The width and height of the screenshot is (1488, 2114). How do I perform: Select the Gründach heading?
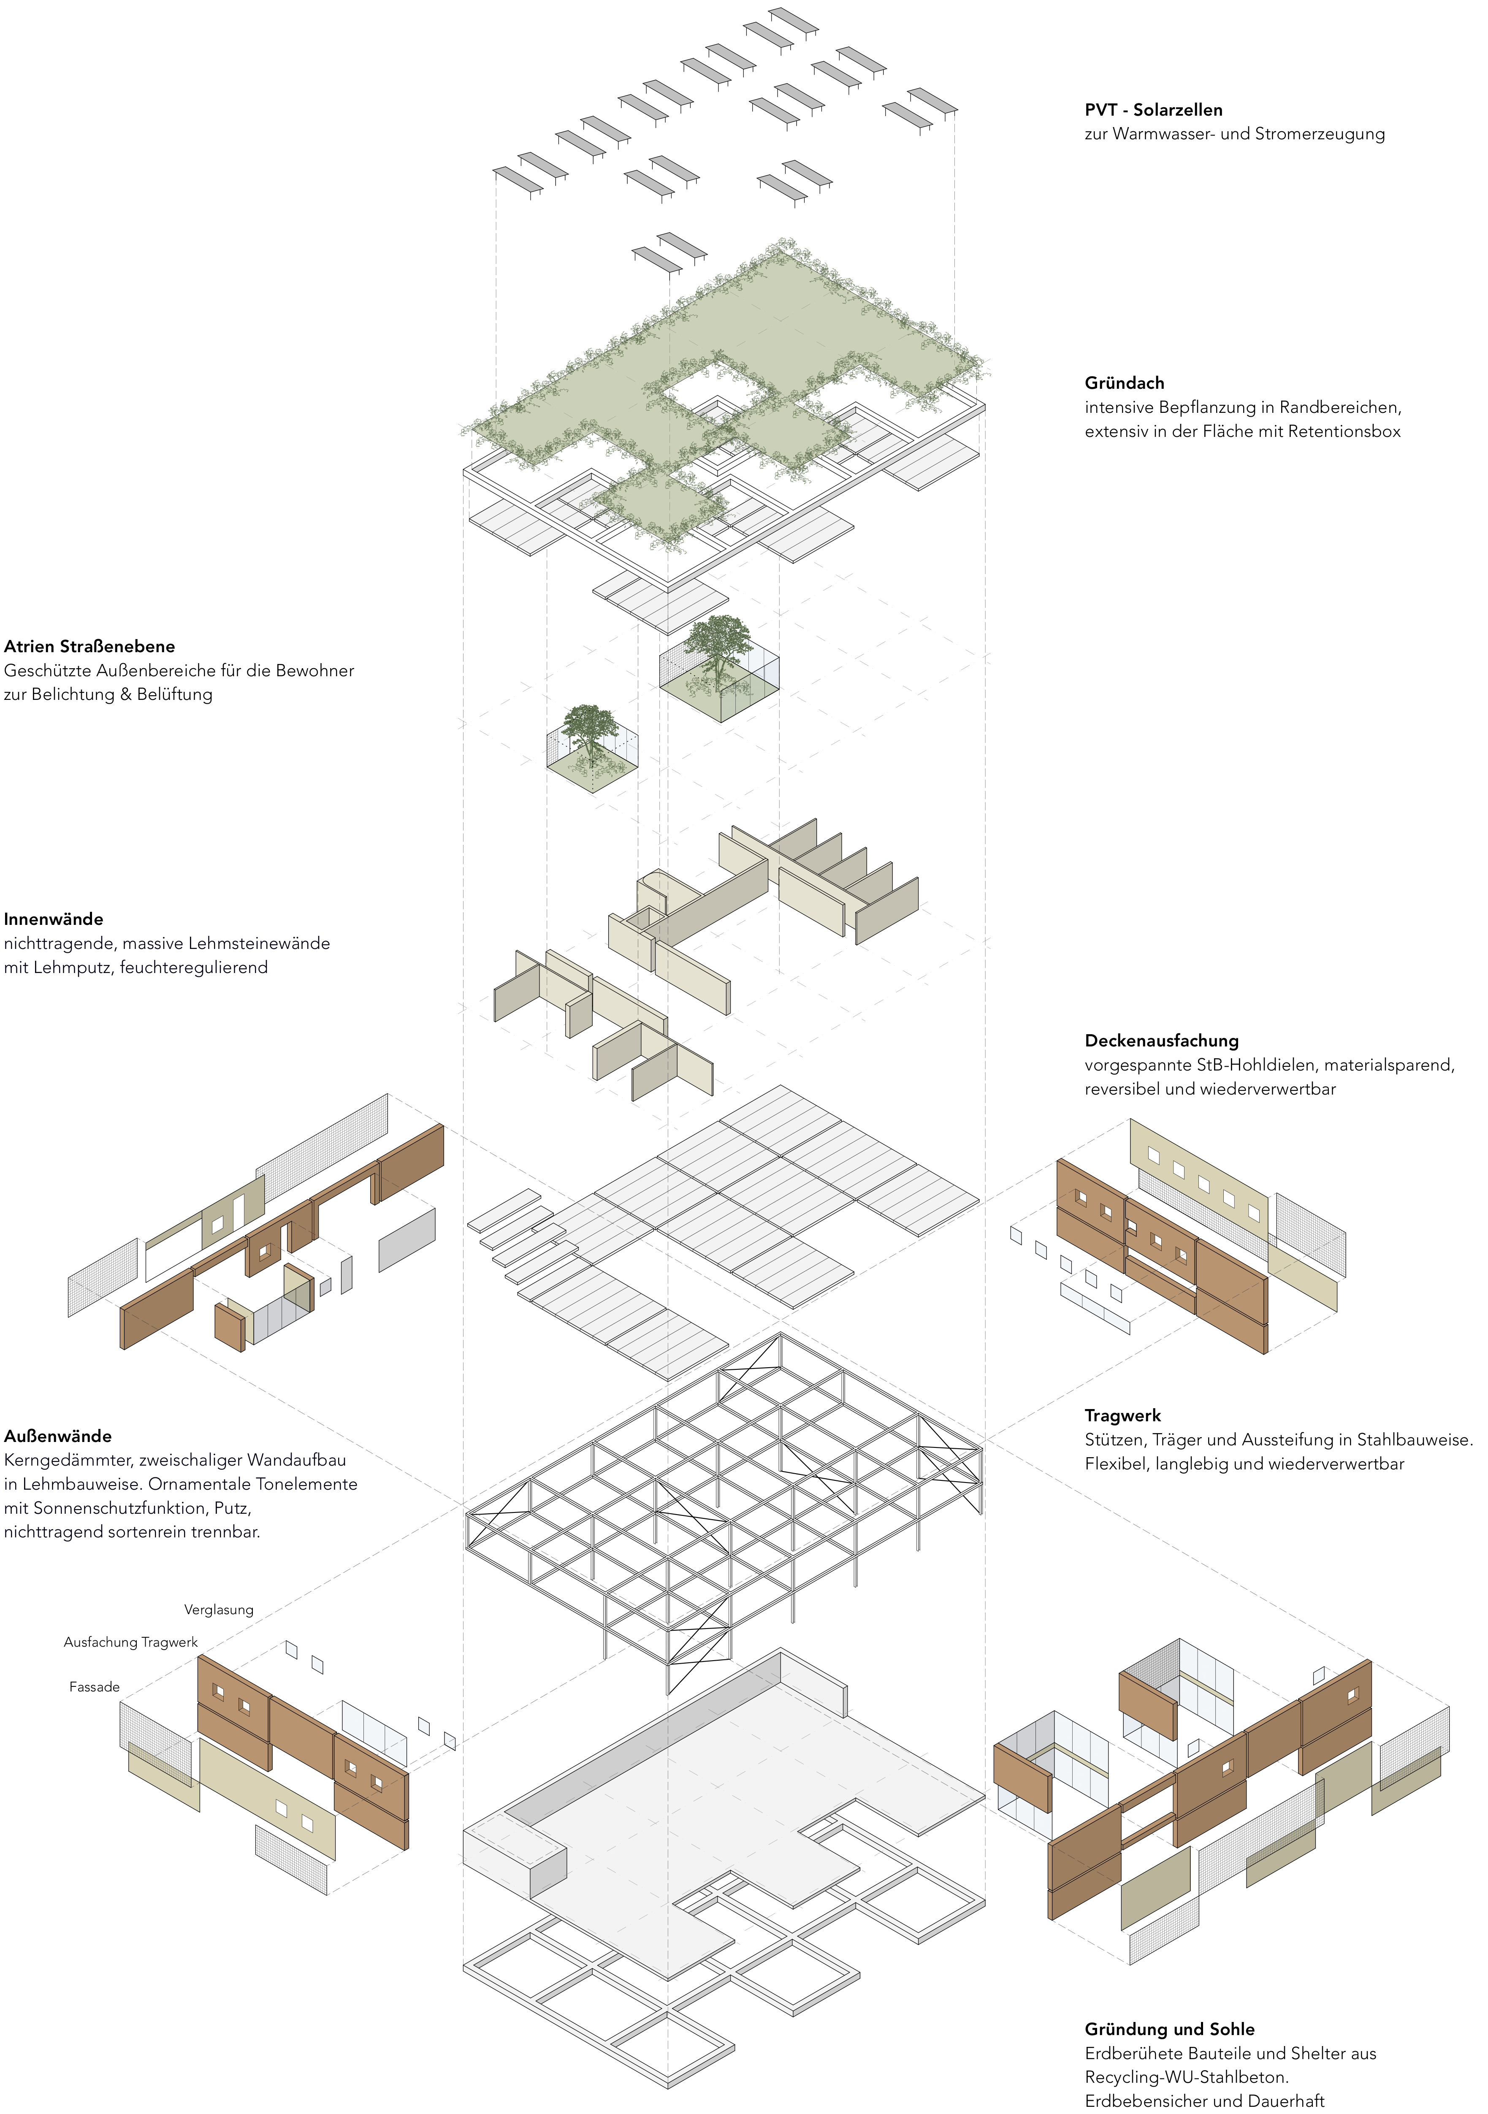point(1124,383)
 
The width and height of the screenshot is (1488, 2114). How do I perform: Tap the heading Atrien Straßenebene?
point(89,646)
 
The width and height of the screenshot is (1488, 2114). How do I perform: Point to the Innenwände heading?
point(54,919)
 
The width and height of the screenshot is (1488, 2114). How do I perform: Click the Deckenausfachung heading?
point(1161,1041)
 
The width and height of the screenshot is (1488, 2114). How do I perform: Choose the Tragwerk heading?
point(1122,1415)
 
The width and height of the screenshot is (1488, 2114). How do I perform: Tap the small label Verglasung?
point(218,1610)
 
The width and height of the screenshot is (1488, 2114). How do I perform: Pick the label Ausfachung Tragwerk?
point(131,1642)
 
